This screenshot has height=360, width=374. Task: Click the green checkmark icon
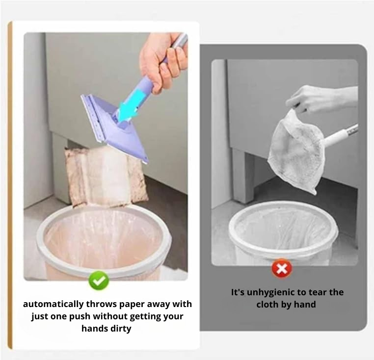(x=99, y=281)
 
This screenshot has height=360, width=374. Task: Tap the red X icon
(x=282, y=269)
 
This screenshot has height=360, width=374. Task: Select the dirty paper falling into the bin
(x=106, y=176)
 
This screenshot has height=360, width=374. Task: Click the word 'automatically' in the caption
(x=53, y=304)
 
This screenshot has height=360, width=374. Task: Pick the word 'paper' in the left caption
(x=132, y=305)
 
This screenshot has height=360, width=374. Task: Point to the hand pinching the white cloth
(x=321, y=100)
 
